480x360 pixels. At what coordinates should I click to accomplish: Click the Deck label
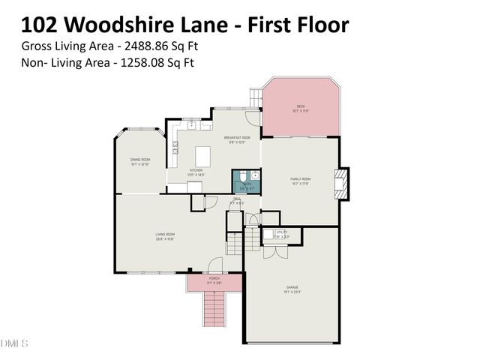300,107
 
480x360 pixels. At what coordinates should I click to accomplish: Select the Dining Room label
140,160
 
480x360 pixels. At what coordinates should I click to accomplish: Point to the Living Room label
165,236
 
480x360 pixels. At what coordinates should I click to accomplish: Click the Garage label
292,289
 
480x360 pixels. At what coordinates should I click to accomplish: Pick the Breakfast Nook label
236,139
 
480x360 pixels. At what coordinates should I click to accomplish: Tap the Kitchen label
196,172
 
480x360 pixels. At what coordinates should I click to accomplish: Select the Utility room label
281,234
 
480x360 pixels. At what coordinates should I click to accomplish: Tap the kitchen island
202,156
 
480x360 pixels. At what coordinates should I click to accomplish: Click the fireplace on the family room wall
341,184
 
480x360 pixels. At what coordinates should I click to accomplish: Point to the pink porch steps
214,307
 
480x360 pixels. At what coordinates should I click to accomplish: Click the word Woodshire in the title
117,25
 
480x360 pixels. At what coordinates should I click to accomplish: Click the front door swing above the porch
215,265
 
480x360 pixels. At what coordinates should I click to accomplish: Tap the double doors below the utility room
275,252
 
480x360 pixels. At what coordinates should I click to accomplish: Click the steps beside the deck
255,97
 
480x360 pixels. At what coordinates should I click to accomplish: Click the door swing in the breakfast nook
253,118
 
